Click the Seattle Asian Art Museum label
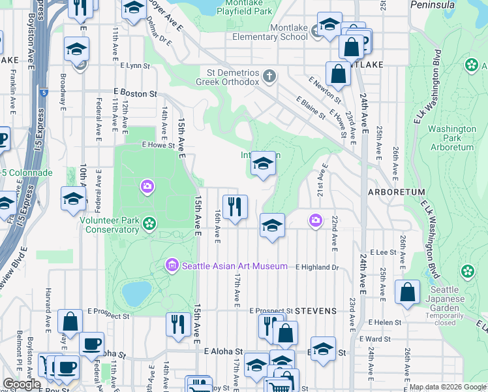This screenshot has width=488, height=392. click(234, 266)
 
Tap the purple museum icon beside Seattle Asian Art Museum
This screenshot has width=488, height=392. click(173, 265)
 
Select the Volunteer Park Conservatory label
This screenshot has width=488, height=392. click(109, 225)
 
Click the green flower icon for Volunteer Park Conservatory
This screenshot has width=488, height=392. click(149, 224)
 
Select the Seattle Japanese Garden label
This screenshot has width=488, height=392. click(448, 294)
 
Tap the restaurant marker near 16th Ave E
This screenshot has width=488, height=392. click(235, 206)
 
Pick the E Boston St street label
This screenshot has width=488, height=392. click(135, 93)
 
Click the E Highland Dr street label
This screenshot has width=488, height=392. click(318, 267)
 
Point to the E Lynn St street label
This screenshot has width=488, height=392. click(135, 66)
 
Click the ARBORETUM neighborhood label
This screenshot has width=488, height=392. click(396, 192)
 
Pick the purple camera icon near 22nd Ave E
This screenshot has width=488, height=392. click(316, 220)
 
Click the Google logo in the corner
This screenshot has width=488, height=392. click(22, 384)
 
